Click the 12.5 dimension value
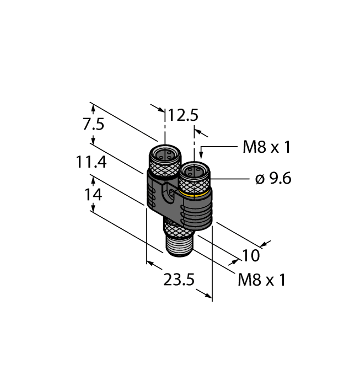(183, 115)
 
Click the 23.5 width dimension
(179, 281)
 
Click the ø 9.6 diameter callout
(273, 179)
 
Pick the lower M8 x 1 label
(262, 280)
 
